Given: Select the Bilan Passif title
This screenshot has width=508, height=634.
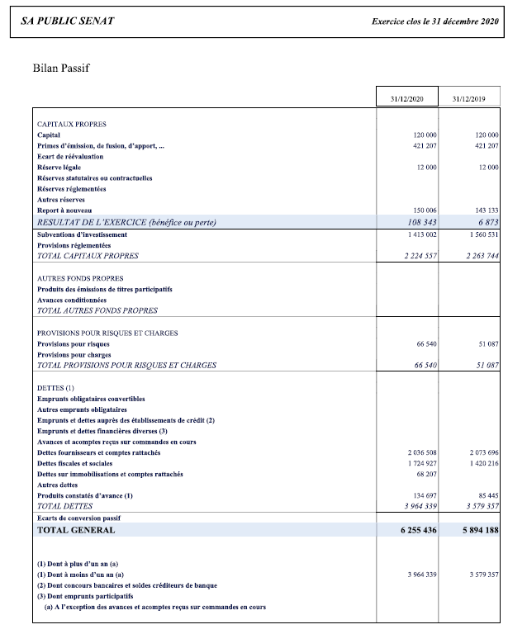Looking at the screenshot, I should tap(60, 68).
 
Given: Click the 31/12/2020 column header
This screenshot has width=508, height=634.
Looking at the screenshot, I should tap(406, 99).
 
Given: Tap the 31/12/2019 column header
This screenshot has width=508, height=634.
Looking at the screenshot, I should tap(468, 99).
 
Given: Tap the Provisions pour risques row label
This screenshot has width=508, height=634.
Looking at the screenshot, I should tap(74, 343).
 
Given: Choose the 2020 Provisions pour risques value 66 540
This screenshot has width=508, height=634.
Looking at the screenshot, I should tap(424, 343).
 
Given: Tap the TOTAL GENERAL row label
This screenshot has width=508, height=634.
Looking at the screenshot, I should tap(76, 530).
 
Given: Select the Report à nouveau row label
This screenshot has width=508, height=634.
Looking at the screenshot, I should tap(64, 211).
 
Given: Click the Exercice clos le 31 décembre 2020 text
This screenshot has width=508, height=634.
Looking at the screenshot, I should tap(435, 21).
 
